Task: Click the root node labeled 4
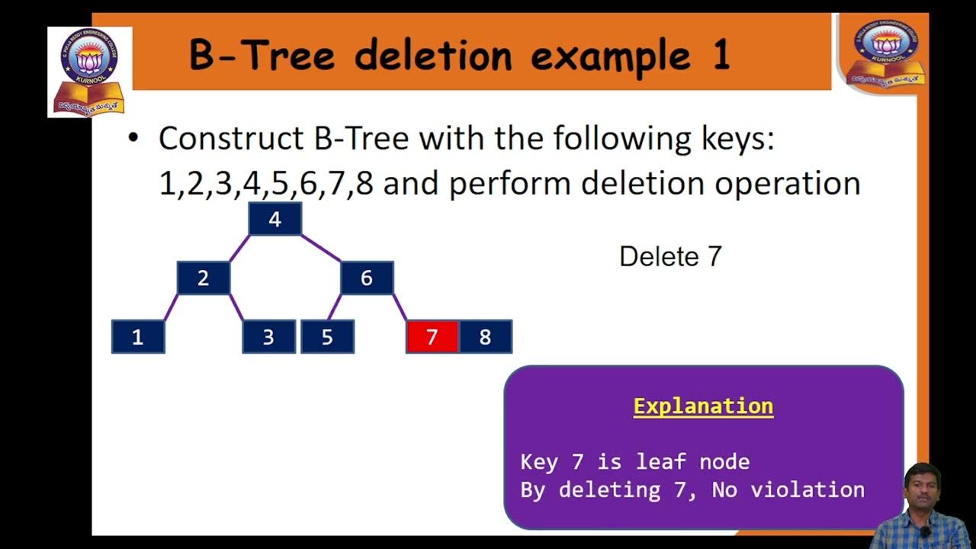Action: tap(274, 220)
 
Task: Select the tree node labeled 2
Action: tap(203, 278)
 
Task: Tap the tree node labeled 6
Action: tap(367, 278)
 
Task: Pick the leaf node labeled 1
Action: tap(138, 337)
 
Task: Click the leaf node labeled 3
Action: tap(268, 337)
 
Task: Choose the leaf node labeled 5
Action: tap(327, 337)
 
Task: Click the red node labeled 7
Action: tap(432, 337)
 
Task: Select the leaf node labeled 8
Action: tap(485, 337)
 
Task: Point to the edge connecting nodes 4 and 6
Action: tap(321, 249)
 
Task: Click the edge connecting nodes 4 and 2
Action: tap(239, 249)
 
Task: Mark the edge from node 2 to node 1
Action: tap(171, 307)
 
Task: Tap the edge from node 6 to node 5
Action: tap(335, 307)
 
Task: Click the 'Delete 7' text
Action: tap(670, 257)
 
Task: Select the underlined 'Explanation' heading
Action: tap(703, 406)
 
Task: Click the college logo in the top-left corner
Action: tap(89, 72)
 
